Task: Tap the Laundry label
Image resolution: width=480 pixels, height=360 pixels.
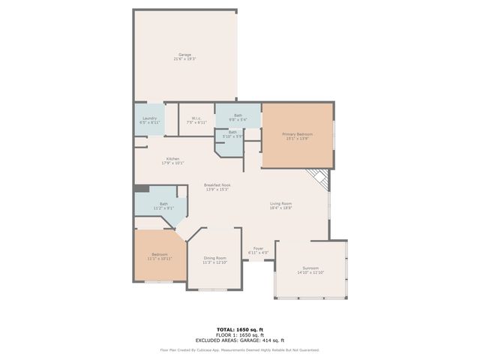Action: (x=149, y=118)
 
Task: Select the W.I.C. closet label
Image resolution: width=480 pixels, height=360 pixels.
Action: (x=195, y=118)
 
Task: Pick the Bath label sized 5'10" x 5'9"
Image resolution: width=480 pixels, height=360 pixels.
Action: (x=232, y=134)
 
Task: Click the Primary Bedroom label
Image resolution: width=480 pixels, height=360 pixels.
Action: (x=297, y=135)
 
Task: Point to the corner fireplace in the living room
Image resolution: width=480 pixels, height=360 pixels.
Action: (x=319, y=178)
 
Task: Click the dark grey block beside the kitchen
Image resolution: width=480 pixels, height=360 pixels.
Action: (x=139, y=188)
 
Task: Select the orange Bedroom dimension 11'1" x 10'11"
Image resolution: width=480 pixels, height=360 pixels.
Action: (x=160, y=259)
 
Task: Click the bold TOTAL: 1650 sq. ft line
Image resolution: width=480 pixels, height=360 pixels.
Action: (x=239, y=329)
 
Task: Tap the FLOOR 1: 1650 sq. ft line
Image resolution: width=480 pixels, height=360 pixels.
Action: (x=239, y=334)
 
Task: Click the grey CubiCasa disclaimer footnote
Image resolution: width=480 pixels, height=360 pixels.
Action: (x=239, y=349)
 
